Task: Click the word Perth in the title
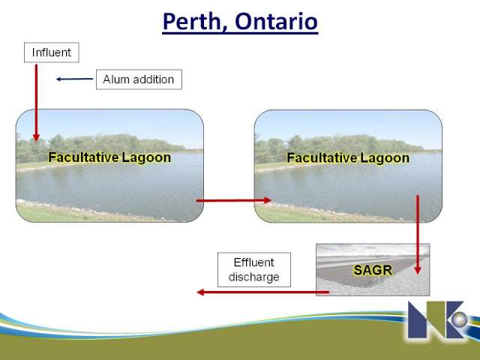(195, 22)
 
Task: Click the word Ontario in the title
(277, 22)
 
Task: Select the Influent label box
(52, 52)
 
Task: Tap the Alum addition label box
(139, 79)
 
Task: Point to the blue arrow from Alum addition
(74, 79)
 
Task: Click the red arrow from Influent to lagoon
(36, 103)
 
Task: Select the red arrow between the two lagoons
(234, 200)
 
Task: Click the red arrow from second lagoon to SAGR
(418, 235)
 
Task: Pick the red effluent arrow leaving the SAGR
(262, 292)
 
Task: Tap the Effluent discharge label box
(254, 270)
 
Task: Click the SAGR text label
(373, 270)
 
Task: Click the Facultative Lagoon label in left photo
(109, 157)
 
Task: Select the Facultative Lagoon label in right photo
(348, 158)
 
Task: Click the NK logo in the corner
(438, 319)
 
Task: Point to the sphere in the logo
(459, 320)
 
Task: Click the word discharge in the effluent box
(253, 277)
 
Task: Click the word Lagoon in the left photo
(146, 157)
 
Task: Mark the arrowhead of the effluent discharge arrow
(200, 292)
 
